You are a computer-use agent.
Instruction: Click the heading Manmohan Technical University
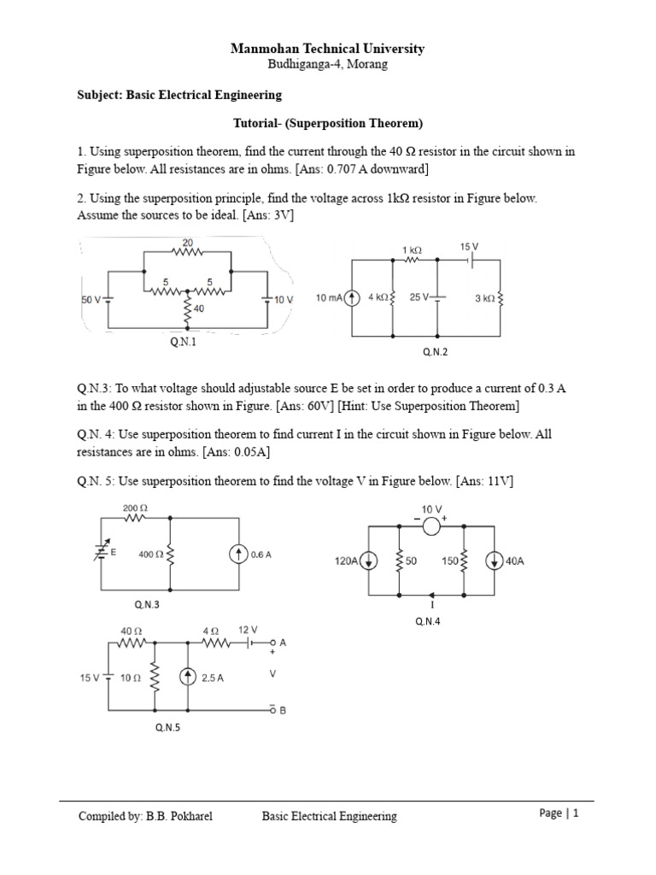point(327,49)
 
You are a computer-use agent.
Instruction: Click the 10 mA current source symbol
point(348,298)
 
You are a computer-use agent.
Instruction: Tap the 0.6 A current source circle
point(237,554)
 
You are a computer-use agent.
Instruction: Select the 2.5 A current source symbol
point(188,678)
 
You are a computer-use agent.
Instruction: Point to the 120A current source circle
point(368,561)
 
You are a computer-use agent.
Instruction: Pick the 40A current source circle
point(495,561)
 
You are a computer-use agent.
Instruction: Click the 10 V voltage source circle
point(431,526)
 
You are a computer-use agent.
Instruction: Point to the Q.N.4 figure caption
point(428,621)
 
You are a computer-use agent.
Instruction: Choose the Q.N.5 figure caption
point(167,727)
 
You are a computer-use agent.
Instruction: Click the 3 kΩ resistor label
point(484,298)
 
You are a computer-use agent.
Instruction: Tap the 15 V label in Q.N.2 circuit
point(469,246)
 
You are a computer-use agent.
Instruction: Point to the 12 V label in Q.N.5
point(248,629)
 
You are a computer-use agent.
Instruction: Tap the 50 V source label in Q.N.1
point(91,300)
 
